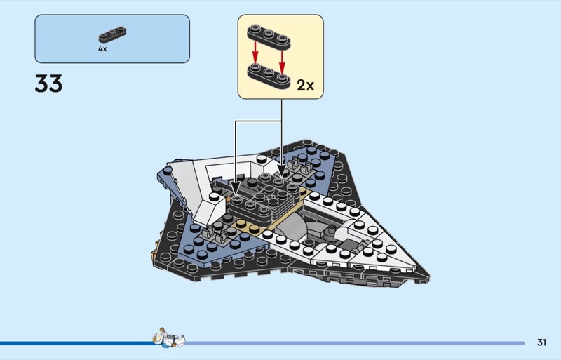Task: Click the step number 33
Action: (48, 84)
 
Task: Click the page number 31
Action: (541, 342)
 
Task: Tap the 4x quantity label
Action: (102, 50)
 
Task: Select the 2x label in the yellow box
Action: (305, 86)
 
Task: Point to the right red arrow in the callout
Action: (281, 56)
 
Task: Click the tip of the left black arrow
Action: (234, 191)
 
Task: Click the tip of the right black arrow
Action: (282, 168)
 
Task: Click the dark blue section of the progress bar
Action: (77, 343)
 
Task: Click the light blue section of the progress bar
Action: (351, 343)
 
